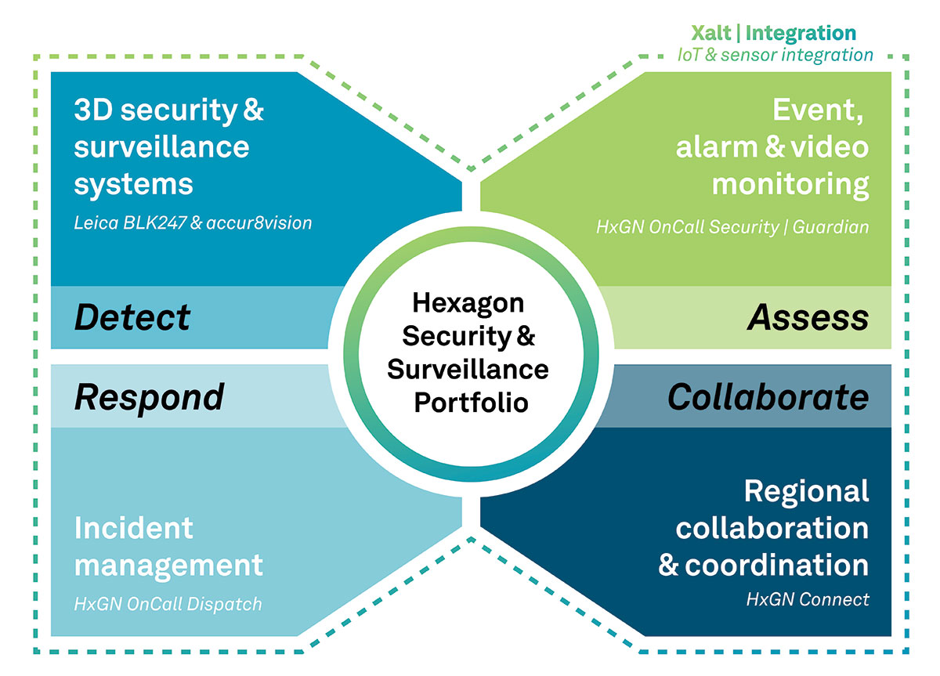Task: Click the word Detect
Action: pyautogui.click(x=132, y=317)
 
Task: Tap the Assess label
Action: pyautogui.click(x=808, y=317)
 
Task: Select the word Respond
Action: pyautogui.click(x=149, y=397)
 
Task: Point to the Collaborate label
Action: pyautogui.click(x=768, y=397)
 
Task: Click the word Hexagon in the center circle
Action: pyautogui.click(x=468, y=302)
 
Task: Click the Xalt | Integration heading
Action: pyautogui.click(x=773, y=33)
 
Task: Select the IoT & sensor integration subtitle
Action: pyautogui.click(x=775, y=55)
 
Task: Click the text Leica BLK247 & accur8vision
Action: pyautogui.click(x=193, y=223)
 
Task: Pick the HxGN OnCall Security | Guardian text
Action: pyautogui.click(x=732, y=227)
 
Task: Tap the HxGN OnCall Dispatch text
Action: pyautogui.click(x=168, y=604)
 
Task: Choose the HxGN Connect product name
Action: pyautogui.click(x=808, y=599)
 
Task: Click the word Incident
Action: pyautogui.click(x=133, y=528)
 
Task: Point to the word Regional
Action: pyautogui.click(x=806, y=491)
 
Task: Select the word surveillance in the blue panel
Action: pyautogui.click(x=161, y=147)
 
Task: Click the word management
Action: pyautogui.click(x=168, y=566)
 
